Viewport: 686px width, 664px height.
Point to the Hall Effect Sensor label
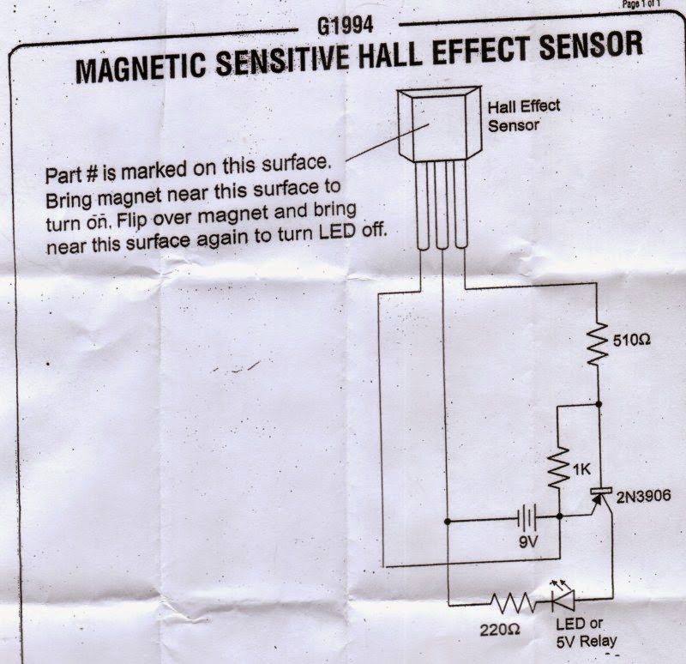(523, 115)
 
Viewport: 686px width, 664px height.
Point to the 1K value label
(581, 470)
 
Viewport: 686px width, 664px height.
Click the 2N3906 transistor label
(641, 495)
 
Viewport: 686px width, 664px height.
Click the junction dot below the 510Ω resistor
(599, 403)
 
